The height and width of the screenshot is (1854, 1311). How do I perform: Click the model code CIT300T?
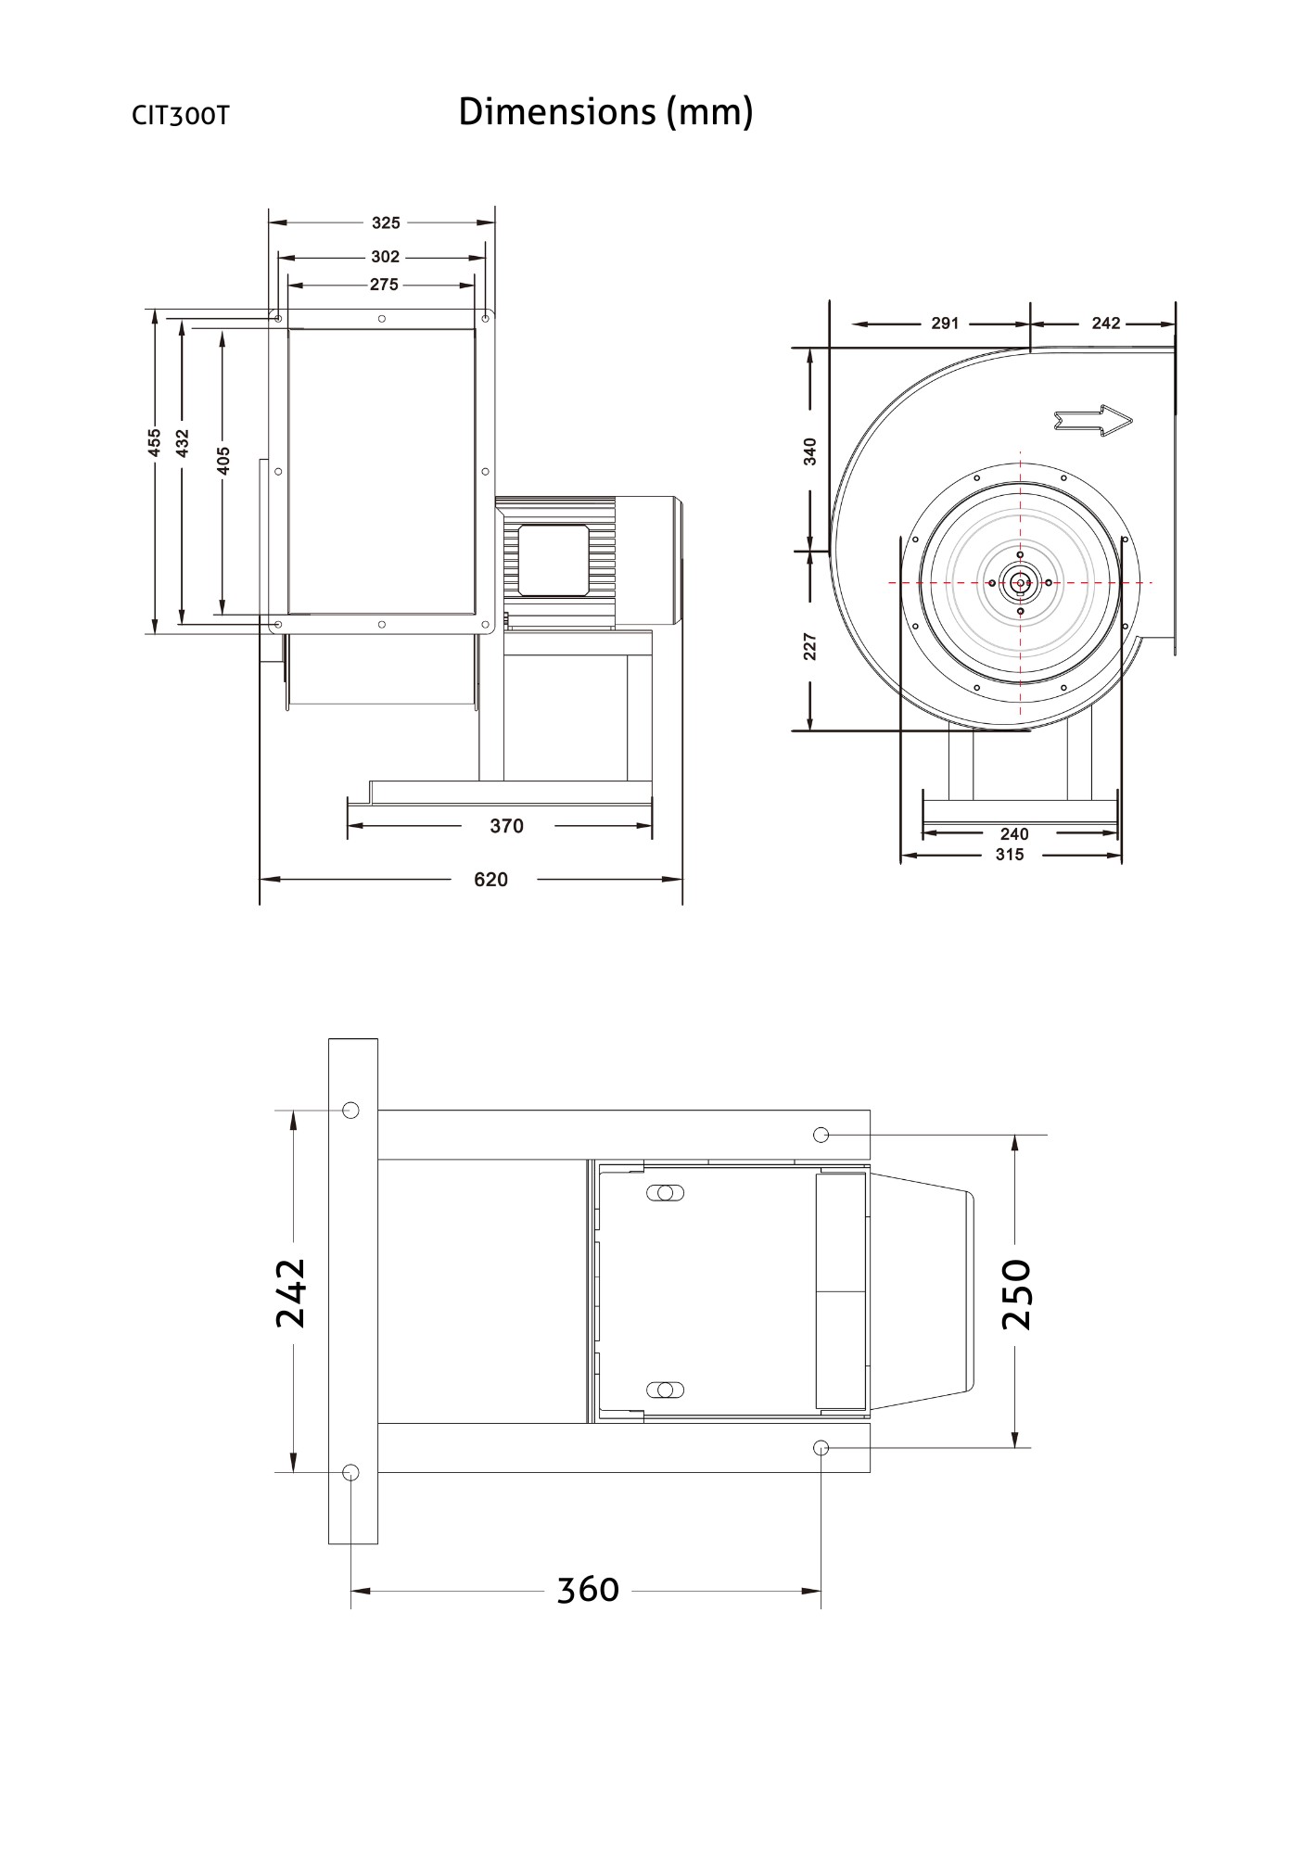pos(180,116)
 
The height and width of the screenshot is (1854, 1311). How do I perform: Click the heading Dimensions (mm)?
pos(605,112)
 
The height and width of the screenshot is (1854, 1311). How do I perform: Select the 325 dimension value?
pos(386,222)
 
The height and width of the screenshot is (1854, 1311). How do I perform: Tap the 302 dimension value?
pos(385,257)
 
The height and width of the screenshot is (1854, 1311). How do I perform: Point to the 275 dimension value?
pos(384,285)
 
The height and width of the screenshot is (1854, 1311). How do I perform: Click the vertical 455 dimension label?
pos(155,442)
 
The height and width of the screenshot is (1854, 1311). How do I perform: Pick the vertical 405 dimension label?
pos(223,460)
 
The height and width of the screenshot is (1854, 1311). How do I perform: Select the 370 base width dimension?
pos(506,826)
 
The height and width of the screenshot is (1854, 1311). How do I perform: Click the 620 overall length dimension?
pos(490,880)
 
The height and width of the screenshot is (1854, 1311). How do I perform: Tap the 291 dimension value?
pos(945,324)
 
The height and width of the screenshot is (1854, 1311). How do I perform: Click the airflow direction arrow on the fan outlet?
pos(1094,420)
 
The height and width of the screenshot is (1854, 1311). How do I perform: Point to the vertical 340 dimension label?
pos(810,451)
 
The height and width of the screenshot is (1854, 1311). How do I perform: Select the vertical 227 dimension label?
pos(810,646)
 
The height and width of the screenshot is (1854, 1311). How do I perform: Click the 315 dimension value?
pos(1009,855)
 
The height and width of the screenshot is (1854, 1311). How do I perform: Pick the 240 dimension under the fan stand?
pos(1014,834)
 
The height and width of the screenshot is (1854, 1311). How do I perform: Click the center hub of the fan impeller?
pos(1020,583)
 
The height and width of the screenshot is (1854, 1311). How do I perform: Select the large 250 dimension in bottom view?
pos(1017,1294)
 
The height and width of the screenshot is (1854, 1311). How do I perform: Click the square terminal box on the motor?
pos(554,560)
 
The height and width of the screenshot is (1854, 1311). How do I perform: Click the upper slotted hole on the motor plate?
pos(664,1193)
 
